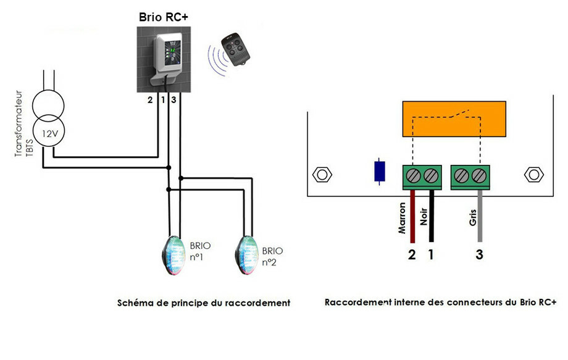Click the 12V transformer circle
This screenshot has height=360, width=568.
coord(49,133)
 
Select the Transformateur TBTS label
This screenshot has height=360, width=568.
coord(22,123)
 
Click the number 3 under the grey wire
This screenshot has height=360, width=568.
coord(479,254)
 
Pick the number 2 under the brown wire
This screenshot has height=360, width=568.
coord(412,254)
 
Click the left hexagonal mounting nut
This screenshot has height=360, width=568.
coord(321,175)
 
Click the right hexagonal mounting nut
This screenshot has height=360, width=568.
coord(532,175)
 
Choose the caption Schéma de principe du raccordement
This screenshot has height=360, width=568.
coord(204,303)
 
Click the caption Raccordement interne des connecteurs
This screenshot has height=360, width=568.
coord(440,303)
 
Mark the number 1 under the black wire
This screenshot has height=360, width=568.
coord(432,254)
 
